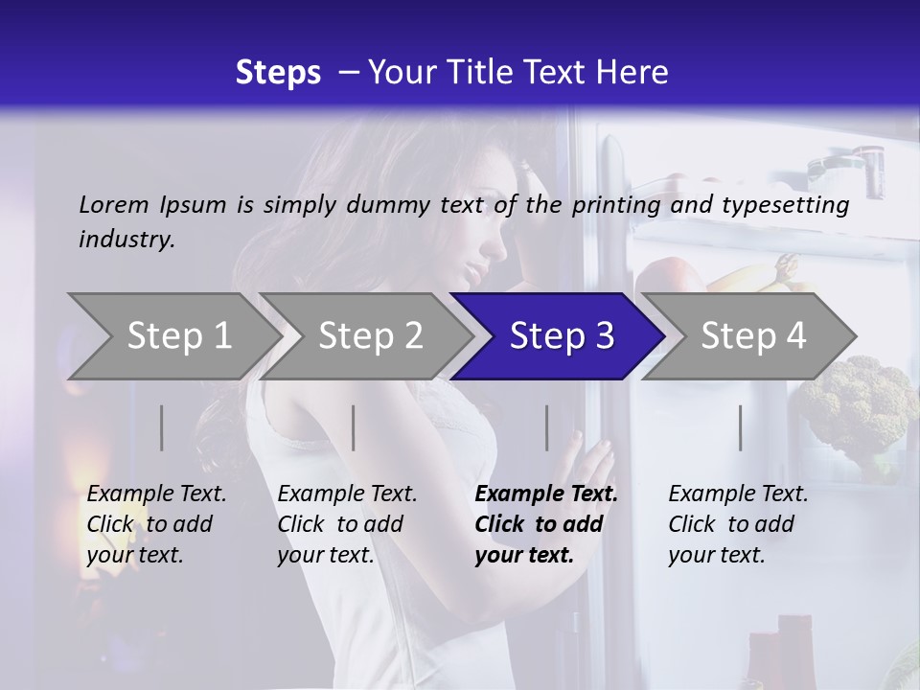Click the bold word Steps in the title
[x=278, y=72]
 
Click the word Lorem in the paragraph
[x=113, y=204]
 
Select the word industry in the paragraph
[x=126, y=240]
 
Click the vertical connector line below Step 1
[x=162, y=427]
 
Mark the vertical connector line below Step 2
[x=354, y=427]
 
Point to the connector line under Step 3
[x=547, y=427]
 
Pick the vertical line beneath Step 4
[x=741, y=427]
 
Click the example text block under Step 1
[x=156, y=524]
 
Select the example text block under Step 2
[x=347, y=524]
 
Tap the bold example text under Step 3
[x=545, y=524]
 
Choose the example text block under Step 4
[x=738, y=524]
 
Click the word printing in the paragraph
[x=613, y=204]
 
